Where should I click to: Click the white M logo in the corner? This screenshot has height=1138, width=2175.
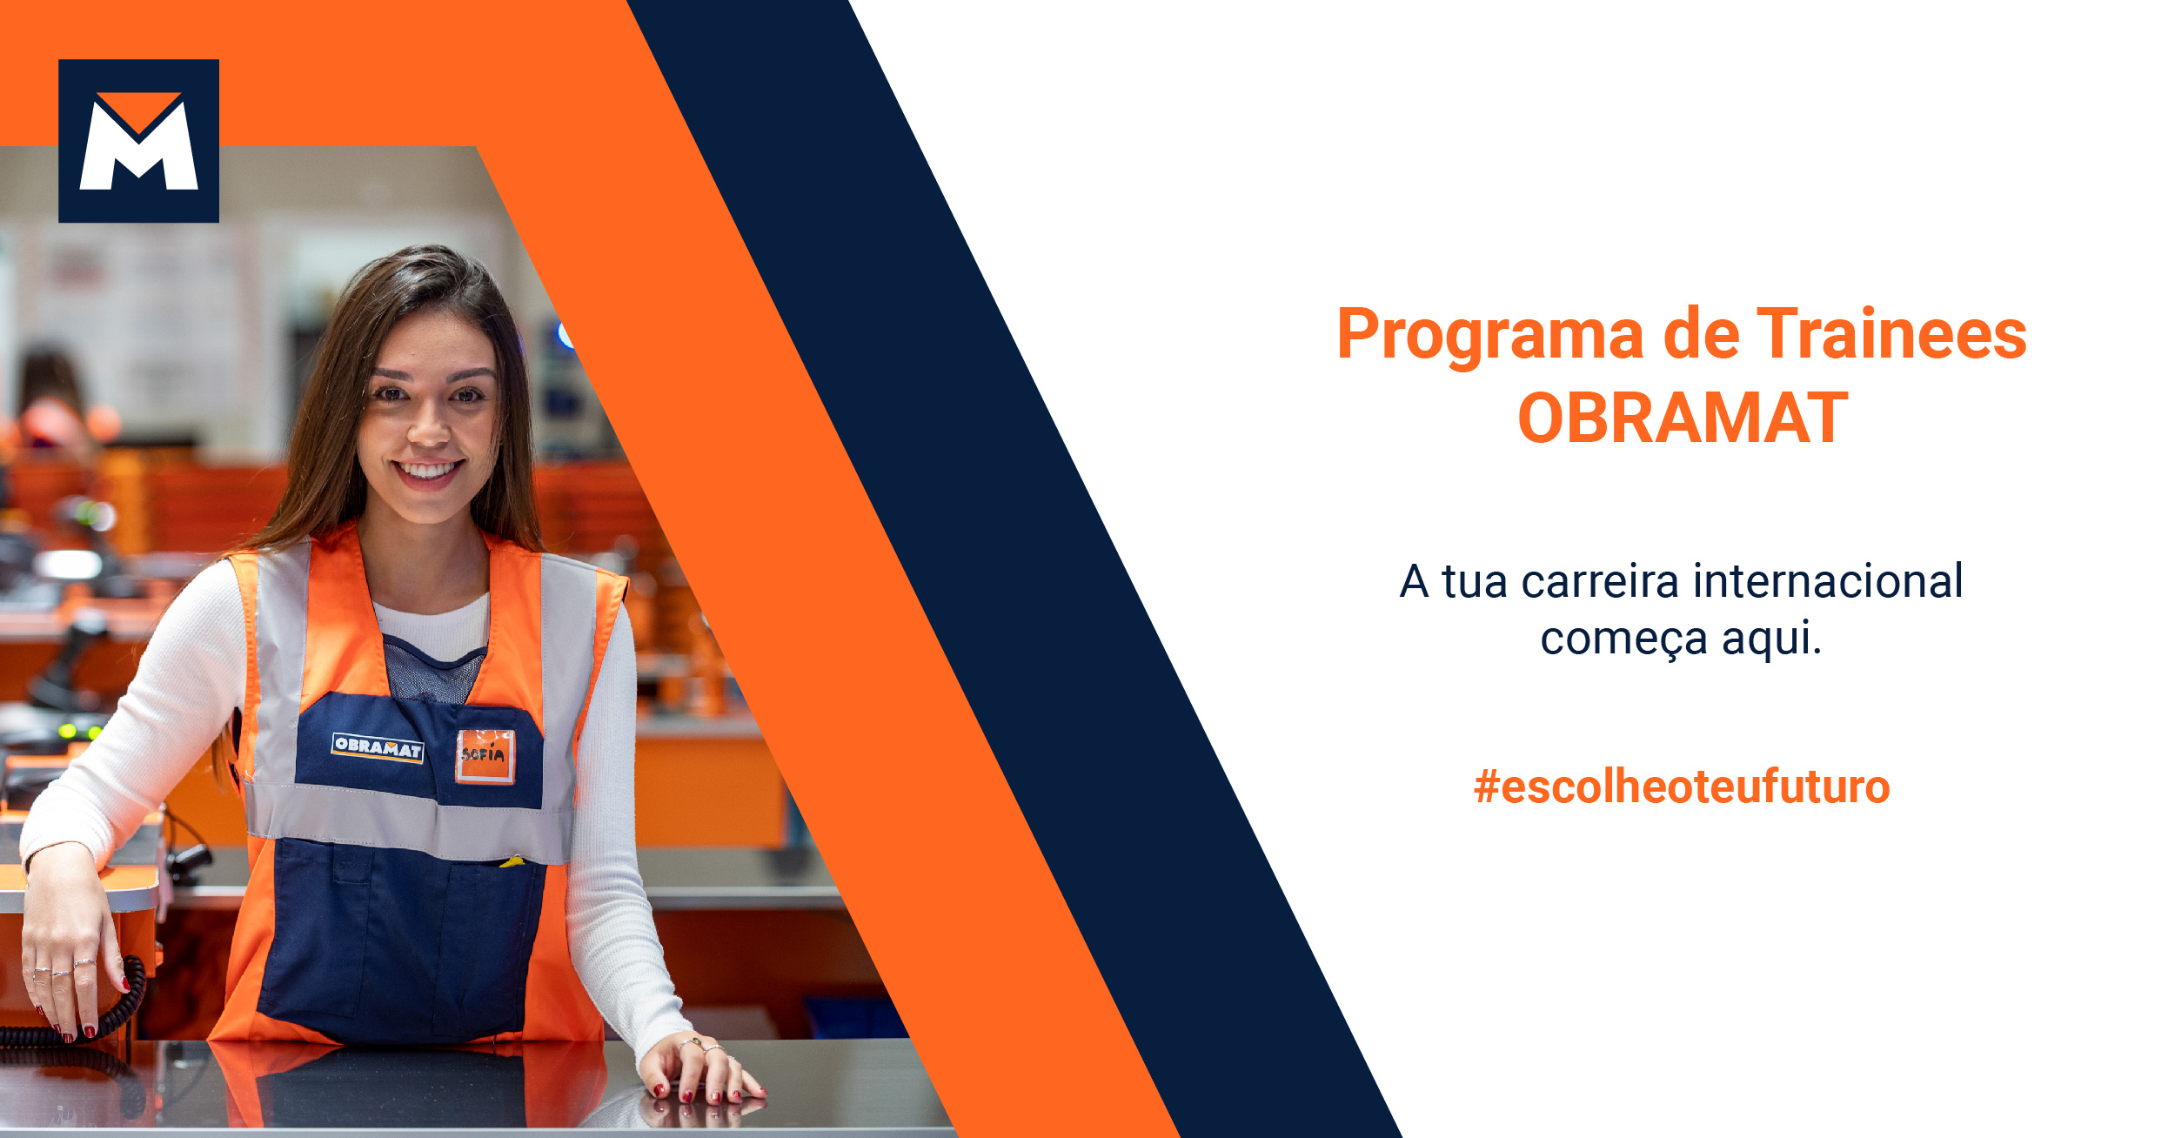[138, 141]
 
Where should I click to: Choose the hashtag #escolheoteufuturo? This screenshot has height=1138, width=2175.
[1681, 787]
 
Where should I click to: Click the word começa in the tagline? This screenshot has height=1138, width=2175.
[1623, 639]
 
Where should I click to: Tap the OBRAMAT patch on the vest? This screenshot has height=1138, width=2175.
[378, 747]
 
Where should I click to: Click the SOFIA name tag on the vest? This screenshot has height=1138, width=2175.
[485, 755]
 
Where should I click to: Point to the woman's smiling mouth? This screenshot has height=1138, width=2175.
[426, 472]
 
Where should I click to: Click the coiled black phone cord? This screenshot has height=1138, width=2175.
[122, 1009]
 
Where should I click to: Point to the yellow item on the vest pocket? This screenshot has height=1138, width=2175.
[512, 861]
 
